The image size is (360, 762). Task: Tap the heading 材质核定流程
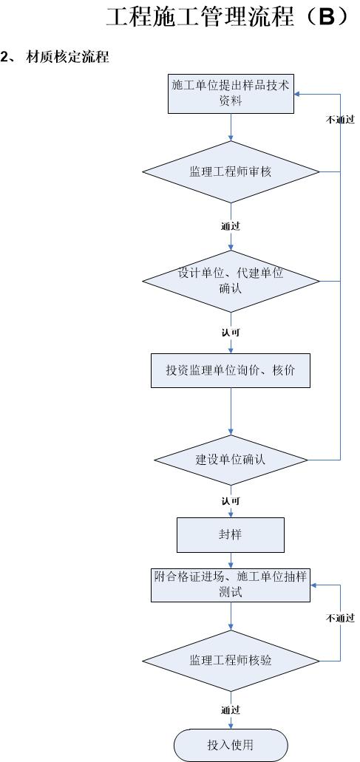point(67,58)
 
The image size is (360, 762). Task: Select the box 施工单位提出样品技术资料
point(231,93)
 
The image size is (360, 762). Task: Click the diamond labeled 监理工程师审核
point(231,171)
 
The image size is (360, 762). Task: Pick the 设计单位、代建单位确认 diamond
point(231,281)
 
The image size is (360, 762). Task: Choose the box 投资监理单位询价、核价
point(231,370)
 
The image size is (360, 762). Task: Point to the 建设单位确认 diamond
point(231,460)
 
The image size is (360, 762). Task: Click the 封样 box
point(231,535)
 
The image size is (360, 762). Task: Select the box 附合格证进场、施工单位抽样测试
point(231,585)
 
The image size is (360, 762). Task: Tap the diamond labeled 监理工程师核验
point(231,661)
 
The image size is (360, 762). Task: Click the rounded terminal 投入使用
point(231,744)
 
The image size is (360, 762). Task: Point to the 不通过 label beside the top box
point(339,120)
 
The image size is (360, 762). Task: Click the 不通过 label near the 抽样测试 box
point(339,618)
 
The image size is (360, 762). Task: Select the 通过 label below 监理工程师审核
point(231,226)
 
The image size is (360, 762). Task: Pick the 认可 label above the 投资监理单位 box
point(231,333)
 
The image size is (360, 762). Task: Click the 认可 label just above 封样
point(231,500)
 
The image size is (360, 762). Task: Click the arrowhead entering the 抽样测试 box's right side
point(313,585)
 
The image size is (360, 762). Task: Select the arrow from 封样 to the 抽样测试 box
point(231,559)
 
